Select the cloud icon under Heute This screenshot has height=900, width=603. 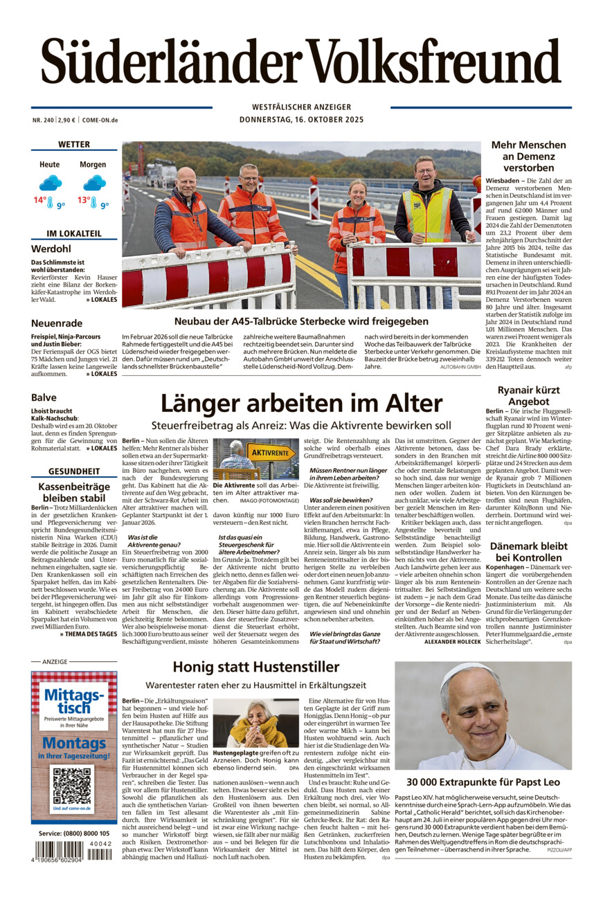[50, 183]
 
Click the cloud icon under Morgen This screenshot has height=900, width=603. [93, 183]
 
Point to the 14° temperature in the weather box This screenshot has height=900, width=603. [40, 201]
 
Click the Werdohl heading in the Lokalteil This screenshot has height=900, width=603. [51, 249]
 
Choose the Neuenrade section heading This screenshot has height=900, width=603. [57, 323]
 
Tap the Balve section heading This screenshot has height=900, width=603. [44, 397]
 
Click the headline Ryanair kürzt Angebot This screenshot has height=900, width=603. [523, 395]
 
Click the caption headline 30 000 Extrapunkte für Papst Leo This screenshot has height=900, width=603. [483, 782]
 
